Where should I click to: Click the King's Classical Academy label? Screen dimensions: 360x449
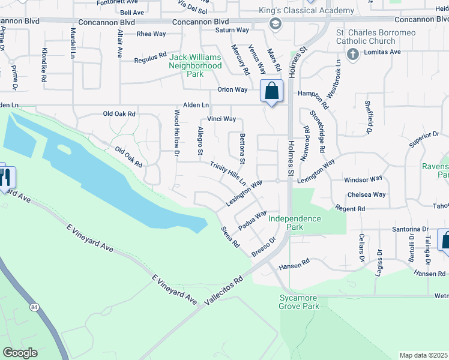tap(306, 11)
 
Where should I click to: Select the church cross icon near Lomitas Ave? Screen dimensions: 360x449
tap(352, 54)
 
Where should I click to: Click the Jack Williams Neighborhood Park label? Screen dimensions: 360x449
tap(195, 66)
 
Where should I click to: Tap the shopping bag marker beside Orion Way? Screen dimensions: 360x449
tap(271, 91)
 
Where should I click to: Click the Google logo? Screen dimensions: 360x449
tap(20, 353)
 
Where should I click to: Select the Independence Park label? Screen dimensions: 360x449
tap(294, 223)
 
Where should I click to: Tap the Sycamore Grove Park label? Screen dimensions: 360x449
tap(299, 302)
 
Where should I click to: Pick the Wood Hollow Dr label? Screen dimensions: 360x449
tap(177, 133)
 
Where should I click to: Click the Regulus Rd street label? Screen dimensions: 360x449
tap(150, 58)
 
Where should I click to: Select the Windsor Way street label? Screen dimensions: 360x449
tap(363, 179)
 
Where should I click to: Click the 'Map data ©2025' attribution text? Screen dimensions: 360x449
tap(423, 355)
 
